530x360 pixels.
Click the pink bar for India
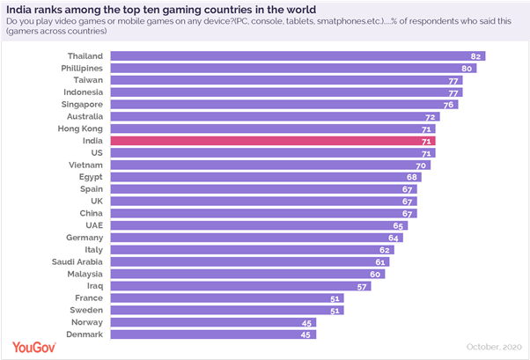tap(273, 140)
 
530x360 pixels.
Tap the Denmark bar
tap(212, 334)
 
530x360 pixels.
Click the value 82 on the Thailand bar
tap(475, 55)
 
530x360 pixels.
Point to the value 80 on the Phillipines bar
tap(467, 68)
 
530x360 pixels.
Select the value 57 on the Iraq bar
tap(362, 286)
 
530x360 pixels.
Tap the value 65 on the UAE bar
tap(399, 225)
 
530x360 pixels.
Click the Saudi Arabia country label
tap(77, 261)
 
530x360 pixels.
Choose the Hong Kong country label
tap(81, 128)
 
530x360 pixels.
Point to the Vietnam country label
tap(86, 165)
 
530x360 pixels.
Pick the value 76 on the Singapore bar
tap(448, 104)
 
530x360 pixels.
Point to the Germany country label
tap(85, 238)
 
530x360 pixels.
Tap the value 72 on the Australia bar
tap(430, 116)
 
